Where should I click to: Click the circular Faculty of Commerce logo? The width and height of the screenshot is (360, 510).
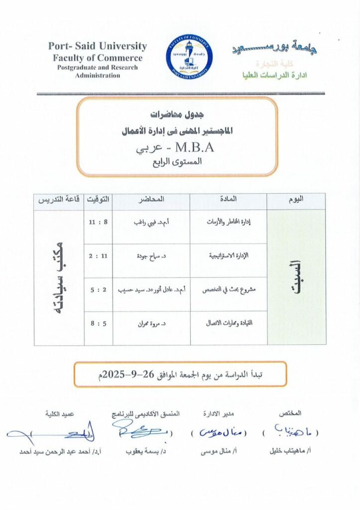(x=188, y=58)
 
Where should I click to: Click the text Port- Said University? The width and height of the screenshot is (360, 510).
(x=98, y=46)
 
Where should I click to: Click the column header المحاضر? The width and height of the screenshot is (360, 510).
(x=151, y=199)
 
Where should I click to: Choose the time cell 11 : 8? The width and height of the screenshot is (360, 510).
(x=99, y=223)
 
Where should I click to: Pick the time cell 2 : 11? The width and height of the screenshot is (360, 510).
(x=99, y=255)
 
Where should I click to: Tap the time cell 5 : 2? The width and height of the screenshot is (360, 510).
(x=99, y=289)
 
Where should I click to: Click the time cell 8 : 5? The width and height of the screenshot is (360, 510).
(x=99, y=323)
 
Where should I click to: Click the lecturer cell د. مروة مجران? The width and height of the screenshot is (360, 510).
(x=151, y=323)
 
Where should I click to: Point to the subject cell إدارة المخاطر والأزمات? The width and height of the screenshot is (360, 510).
(x=229, y=223)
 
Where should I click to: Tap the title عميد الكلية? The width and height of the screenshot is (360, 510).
(x=60, y=414)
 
